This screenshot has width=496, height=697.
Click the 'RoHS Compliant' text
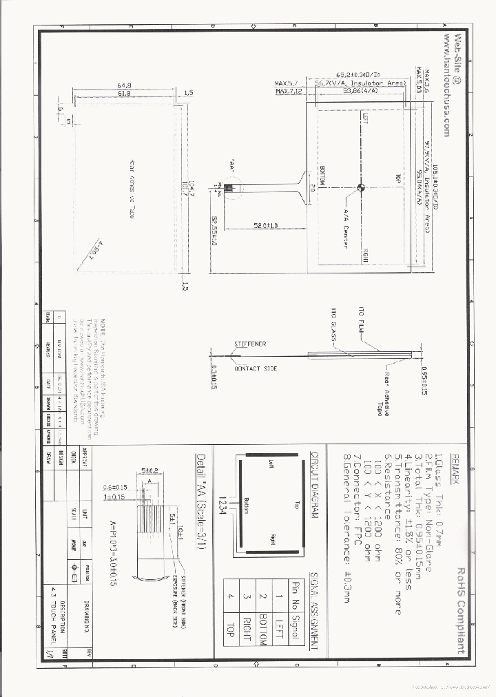[x=460, y=611]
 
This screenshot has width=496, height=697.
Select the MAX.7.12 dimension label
[x=289, y=91]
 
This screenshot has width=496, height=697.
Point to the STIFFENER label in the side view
[x=249, y=343]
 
